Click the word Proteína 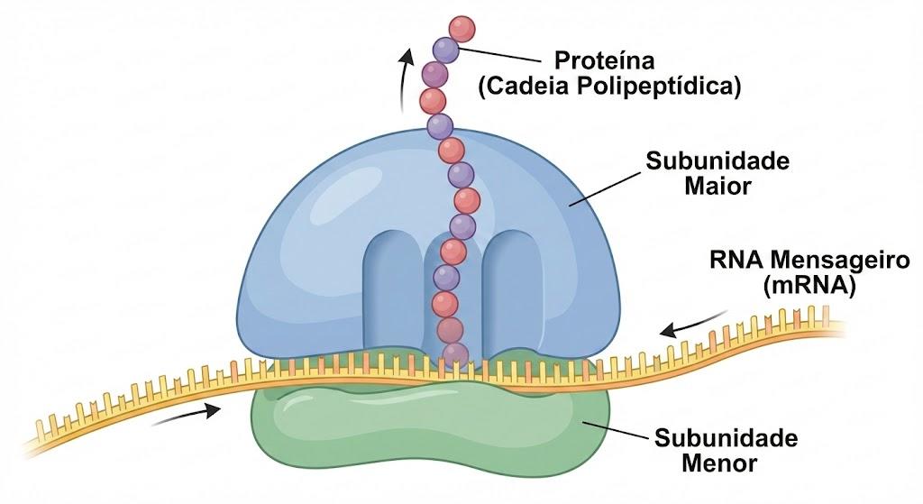(x=605, y=60)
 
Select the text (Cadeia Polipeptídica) (x=609, y=87)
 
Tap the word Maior (x=717, y=187)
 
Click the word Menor (x=719, y=463)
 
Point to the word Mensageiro (x=840, y=260)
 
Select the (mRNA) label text (x=809, y=286)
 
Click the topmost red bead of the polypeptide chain (x=461, y=28)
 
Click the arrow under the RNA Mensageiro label (x=693, y=323)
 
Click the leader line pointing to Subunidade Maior (x=605, y=189)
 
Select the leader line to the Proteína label (x=499, y=55)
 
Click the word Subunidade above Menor (x=727, y=438)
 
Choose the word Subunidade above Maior (x=717, y=160)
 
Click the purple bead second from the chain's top (x=445, y=50)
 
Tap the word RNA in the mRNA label (x=737, y=260)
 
